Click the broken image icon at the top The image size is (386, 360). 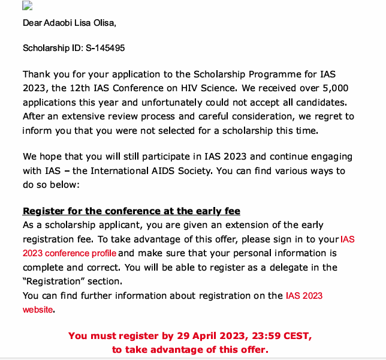[27, 6]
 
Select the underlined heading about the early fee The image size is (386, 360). [131, 211]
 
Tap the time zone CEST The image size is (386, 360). [296, 335]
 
